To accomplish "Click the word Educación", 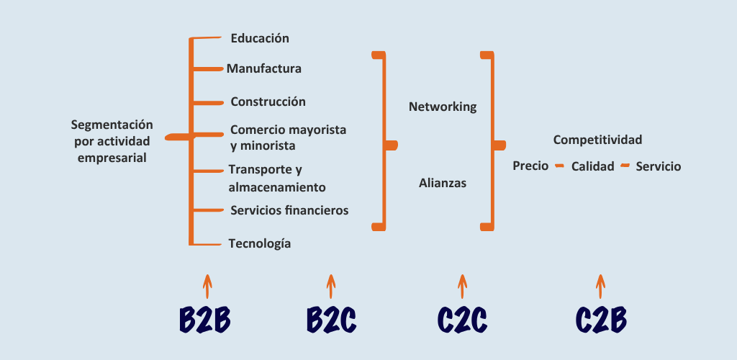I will pos(260,38).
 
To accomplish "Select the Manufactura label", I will pos(263,69).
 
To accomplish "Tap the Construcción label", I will pos(268,102).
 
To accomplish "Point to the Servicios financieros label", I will pos(289,210).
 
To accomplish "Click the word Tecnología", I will pos(259,243).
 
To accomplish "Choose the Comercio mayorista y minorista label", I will pos(288,138).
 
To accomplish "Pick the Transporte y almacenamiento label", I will pos(277,179).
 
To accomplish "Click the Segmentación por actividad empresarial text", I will pos(114,140).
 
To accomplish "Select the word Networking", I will pos(443,107).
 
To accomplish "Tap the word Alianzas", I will pos(443,183).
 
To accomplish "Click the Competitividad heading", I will pos(597,140).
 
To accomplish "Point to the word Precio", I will pos(530,166).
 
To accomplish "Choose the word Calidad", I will pos(592,166).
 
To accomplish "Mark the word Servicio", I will pos(658,166).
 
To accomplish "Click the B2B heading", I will pos(205,320).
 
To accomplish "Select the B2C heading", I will pos(331,320).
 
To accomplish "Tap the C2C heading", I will pos(462,320).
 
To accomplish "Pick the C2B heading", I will pos(601,320).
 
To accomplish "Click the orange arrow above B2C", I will pos(330,286).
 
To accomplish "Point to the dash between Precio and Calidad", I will pos(559,166).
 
